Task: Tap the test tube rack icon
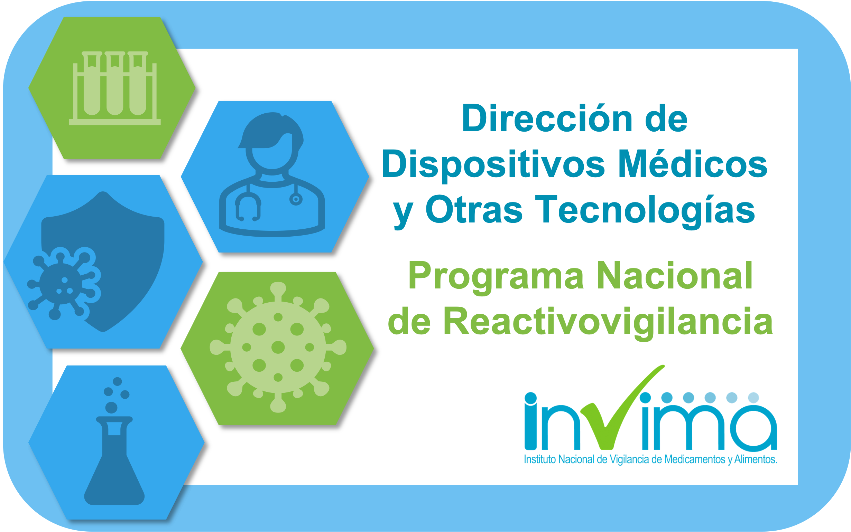point(115,88)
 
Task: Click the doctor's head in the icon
point(271,141)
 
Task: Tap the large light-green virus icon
point(278,347)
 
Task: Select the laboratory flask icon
point(114,460)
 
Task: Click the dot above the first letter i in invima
point(530,398)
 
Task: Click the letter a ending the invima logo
point(753,428)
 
